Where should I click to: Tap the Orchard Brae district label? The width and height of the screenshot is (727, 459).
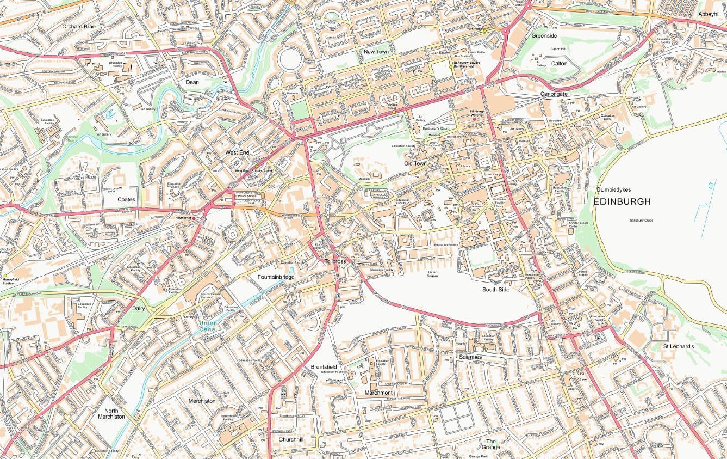click(x=79, y=26)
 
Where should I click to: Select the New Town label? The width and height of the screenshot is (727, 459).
click(x=376, y=52)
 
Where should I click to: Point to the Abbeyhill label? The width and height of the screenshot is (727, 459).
click(x=709, y=14)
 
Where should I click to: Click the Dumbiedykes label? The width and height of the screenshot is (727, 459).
click(x=614, y=189)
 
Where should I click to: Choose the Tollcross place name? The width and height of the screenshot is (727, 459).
click(x=335, y=261)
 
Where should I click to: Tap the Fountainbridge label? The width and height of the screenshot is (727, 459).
click(x=276, y=277)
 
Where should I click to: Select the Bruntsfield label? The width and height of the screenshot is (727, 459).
click(x=324, y=367)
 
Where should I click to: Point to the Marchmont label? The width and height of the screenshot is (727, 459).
click(x=378, y=393)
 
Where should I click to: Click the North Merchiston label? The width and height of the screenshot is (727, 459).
click(x=111, y=413)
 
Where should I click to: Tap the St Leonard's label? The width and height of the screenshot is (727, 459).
click(x=678, y=346)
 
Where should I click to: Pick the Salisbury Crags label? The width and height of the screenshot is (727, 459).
click(x=641, y=221)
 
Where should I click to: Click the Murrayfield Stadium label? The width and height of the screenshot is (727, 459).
click(x=10, y=281)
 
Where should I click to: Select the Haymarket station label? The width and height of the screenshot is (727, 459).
click(x=184, y=218)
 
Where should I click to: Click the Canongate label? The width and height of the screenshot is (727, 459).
click(x=554, y=94)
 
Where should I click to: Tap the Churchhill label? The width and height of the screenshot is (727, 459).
click(x=291, y=439)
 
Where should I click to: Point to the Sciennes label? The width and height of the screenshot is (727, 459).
click(x=470, y=357)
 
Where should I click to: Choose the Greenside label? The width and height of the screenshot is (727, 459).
click(x=544, y=35)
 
